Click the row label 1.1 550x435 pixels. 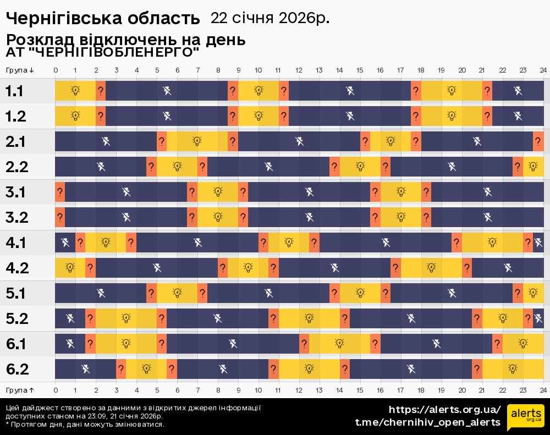click(x=14, y=91)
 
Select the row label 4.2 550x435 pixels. click(x=16, y=268)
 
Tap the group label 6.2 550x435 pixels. click(x=16, y=369)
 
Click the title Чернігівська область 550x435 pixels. click(x=103, y=18)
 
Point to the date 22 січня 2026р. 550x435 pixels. click(x=269, y=18)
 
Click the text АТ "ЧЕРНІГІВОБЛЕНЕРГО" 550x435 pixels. click(x=102, y=53)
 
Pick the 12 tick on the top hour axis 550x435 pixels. click(x=299, y=70)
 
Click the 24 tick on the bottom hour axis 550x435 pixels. click(x=543, y=389)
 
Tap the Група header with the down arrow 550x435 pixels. click(x=20, y=70)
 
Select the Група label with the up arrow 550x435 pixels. click(x=20, y=389)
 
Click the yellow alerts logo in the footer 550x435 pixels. click(x=525, y=416)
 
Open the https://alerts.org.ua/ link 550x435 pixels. click(x=444, y=410)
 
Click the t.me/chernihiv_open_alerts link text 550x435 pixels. click(x=427, y=422)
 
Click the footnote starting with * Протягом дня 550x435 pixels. click(x=85, y=424)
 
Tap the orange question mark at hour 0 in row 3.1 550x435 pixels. click(x=60, y=192)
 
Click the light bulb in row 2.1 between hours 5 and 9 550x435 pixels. click(x=197, y=141)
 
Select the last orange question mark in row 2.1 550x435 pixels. click(x=538, y=141)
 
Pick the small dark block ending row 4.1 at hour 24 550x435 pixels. click(x=538, y=243)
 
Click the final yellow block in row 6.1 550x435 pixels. click(x=523, y=344)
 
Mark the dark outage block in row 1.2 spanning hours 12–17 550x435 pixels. click(x=350, y=116)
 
